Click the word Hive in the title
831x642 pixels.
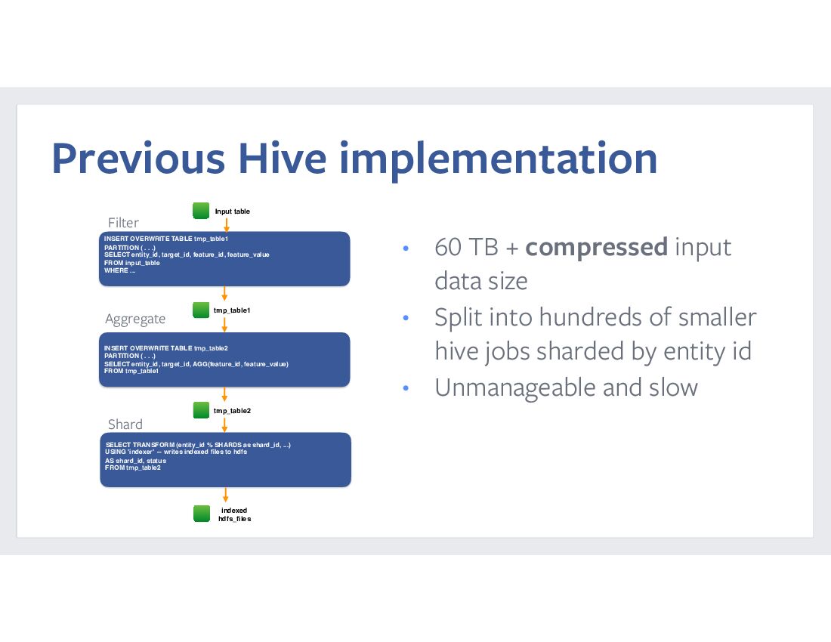click(x=282, y=158)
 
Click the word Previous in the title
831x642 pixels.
click(x=138, y=158)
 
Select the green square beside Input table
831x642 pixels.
click(x=201, y=210)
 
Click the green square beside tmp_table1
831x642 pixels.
click(x=201, y=310)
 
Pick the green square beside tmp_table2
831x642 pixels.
click(x=202, y=410)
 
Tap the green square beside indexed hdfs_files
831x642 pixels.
click(x=202, y=514)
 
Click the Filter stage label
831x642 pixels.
click(x=123, y=223)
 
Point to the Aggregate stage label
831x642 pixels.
click(x=135, y=319)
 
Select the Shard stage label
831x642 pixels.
click(x=125, y=424)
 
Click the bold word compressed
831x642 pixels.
click(x=596, y=248)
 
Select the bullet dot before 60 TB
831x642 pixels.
click(x=406, y=248)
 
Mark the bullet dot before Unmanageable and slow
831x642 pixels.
click(x=406, y=387)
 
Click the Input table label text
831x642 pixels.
click(x=232, y=211)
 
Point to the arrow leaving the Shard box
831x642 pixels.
click(x=225, y=495)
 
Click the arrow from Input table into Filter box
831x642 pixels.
click(x=227, y=225)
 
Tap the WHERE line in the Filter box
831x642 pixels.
click(x=120, y=270)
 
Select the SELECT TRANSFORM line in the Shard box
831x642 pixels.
click(x=198, y=445)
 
